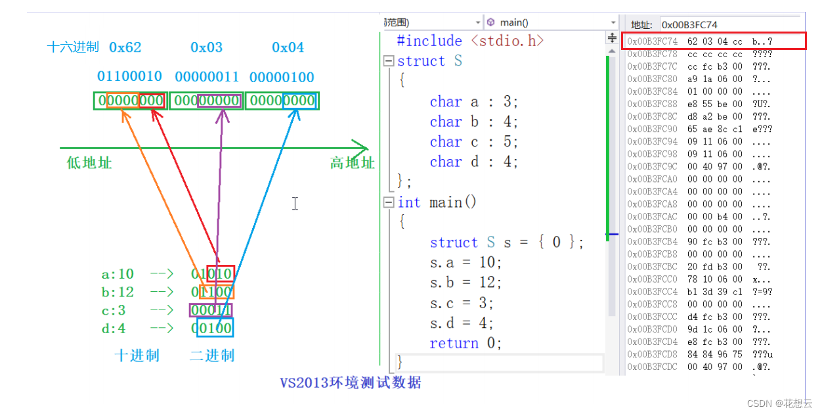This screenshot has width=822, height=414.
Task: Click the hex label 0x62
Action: point(125,47)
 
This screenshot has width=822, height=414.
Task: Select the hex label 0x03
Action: point(207,47)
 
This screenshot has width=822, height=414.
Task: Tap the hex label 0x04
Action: point(288,47)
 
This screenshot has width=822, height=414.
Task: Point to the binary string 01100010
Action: point(129,76)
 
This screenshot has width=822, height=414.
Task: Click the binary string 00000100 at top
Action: point(282,76)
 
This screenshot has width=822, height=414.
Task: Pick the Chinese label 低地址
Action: point(89,162)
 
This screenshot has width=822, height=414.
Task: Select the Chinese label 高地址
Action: point(352,162)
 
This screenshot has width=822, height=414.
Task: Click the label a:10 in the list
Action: point(118,273)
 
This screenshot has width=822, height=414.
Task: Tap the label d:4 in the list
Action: point(114,328)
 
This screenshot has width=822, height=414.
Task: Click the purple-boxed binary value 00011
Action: point(211,310)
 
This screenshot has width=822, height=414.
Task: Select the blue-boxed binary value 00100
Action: point(214,328)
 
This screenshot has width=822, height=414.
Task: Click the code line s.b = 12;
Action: point(465,283)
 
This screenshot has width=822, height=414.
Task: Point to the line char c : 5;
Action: point(474,142)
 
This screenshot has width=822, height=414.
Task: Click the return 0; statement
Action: point(465,343)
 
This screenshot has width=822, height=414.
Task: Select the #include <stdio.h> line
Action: point(471,41)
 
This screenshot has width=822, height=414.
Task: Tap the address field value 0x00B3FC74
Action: point(689,25)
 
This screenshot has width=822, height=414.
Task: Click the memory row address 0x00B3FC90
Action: point(652,129)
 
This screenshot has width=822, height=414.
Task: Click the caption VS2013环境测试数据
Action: point(351,382)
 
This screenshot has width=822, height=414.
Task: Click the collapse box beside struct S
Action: point(389,61)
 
